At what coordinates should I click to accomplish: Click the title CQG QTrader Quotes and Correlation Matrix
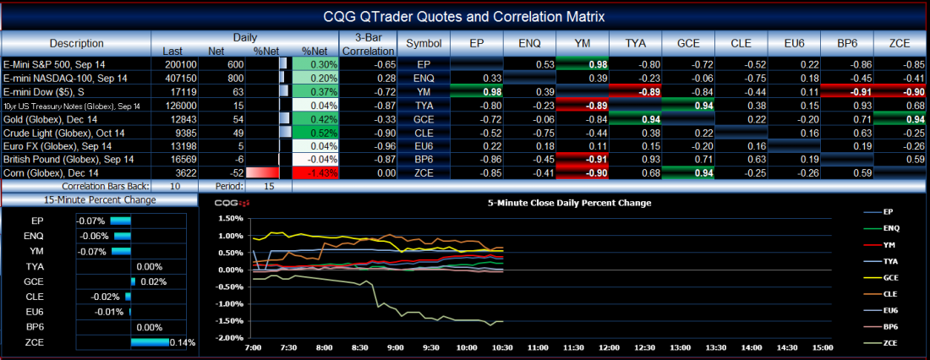coord(464,16)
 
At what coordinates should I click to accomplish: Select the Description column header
coord(76,43)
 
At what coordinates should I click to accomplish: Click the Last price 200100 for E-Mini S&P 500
coord(180,64)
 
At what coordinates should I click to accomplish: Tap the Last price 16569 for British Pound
coord(182,159)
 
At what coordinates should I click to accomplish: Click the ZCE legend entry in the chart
coord(889,342)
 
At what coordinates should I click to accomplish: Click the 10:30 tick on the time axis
coord(503,347)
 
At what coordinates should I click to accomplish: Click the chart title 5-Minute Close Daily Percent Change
coord(569,203)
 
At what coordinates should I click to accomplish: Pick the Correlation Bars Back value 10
coord(175,185)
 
